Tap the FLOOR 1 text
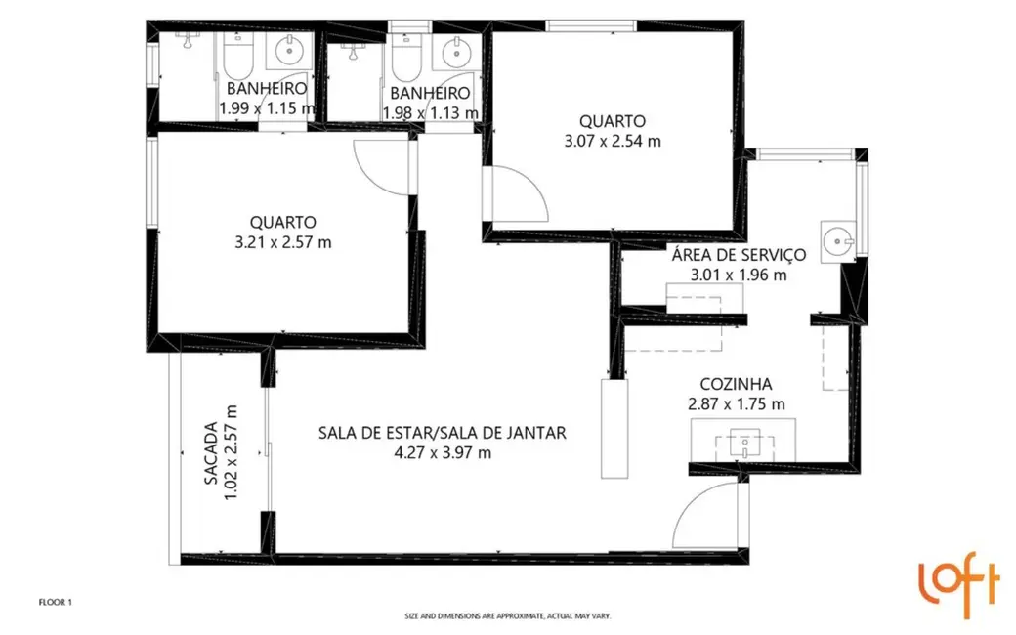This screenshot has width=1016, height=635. (55, 603)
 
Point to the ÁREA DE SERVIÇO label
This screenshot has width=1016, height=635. (738, 255)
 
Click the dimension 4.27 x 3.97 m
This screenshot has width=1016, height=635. (442, 452)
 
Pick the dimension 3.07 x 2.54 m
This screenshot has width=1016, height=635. (613, 140)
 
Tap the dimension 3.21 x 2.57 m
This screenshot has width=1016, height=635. (282, 241)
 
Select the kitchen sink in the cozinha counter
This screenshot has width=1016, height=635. (745, 444)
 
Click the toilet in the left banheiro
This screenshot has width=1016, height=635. (237, 60)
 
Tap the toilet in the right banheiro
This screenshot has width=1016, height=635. (404, 60)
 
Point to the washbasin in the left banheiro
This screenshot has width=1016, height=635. (289, 51)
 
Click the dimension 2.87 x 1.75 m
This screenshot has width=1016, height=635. (738, 403)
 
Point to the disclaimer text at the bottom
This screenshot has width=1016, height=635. (507, 616)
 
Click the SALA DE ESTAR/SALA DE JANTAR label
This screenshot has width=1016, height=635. (442, 433)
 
